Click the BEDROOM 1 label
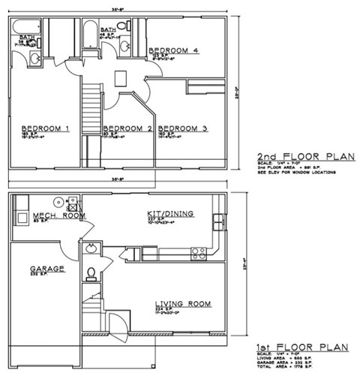click(45, 128)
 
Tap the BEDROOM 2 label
click(127, 128)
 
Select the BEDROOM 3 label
click(183, 128)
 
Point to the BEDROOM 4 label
click(173, 51)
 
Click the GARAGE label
click(47, 269)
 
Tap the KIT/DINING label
click(170, 214)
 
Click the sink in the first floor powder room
click(90, 248)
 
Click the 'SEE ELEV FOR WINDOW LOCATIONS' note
click(296, 172)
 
